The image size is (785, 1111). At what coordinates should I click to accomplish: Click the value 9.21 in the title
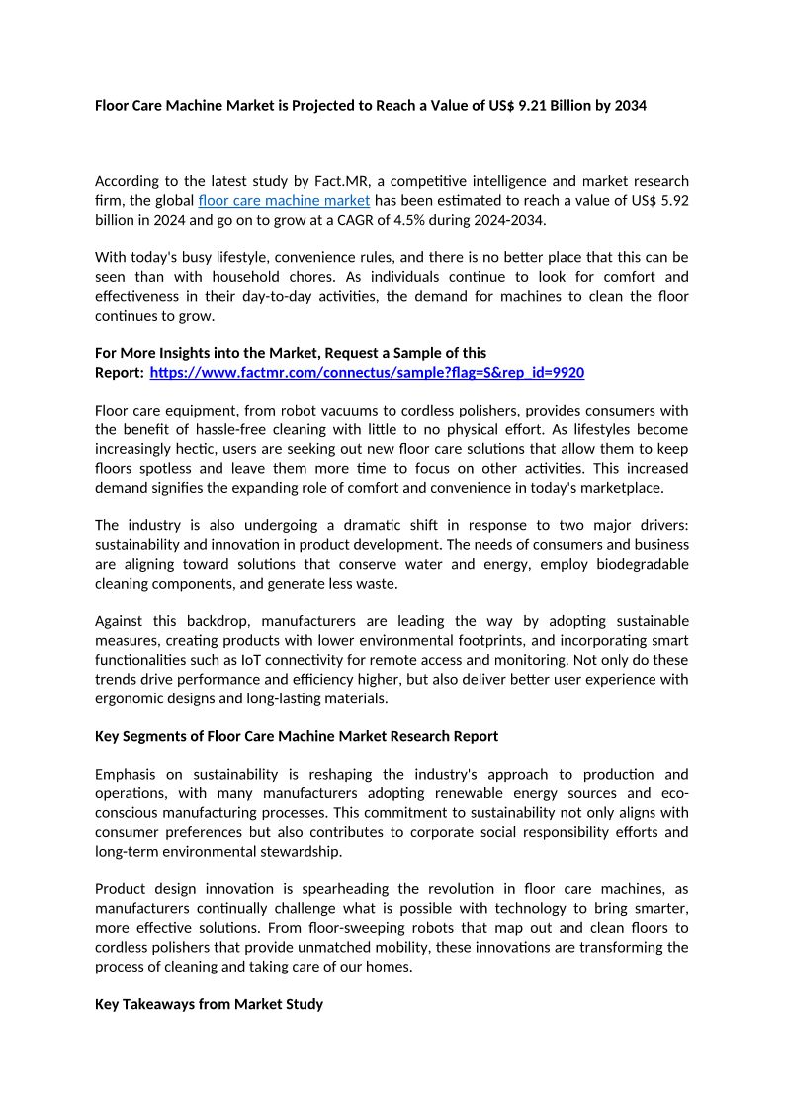(532, 105)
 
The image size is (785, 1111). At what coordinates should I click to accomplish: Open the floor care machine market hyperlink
(284, 200)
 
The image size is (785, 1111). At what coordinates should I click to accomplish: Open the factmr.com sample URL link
(366, 373)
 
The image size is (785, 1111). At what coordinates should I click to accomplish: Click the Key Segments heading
(297, 736)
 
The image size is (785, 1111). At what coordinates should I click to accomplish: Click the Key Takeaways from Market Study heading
(209, 1004)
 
